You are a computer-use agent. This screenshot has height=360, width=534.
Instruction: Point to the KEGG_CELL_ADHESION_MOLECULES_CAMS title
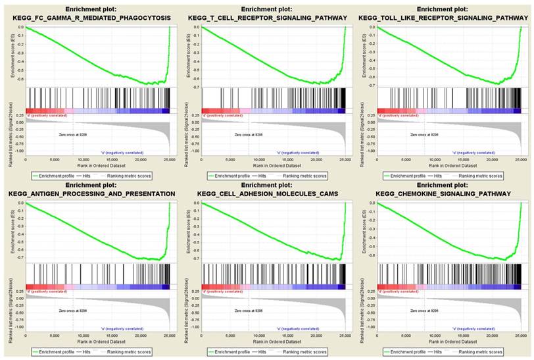tap(266, 193)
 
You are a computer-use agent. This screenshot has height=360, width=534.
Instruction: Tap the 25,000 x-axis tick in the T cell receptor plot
tap(344, 159)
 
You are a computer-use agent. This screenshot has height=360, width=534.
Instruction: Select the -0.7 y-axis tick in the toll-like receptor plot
tap(372, 86)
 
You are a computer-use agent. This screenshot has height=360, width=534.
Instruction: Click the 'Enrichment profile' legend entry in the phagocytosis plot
tap(57, 176)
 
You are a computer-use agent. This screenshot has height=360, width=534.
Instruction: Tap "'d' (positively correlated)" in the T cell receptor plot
tap(224, 115)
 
